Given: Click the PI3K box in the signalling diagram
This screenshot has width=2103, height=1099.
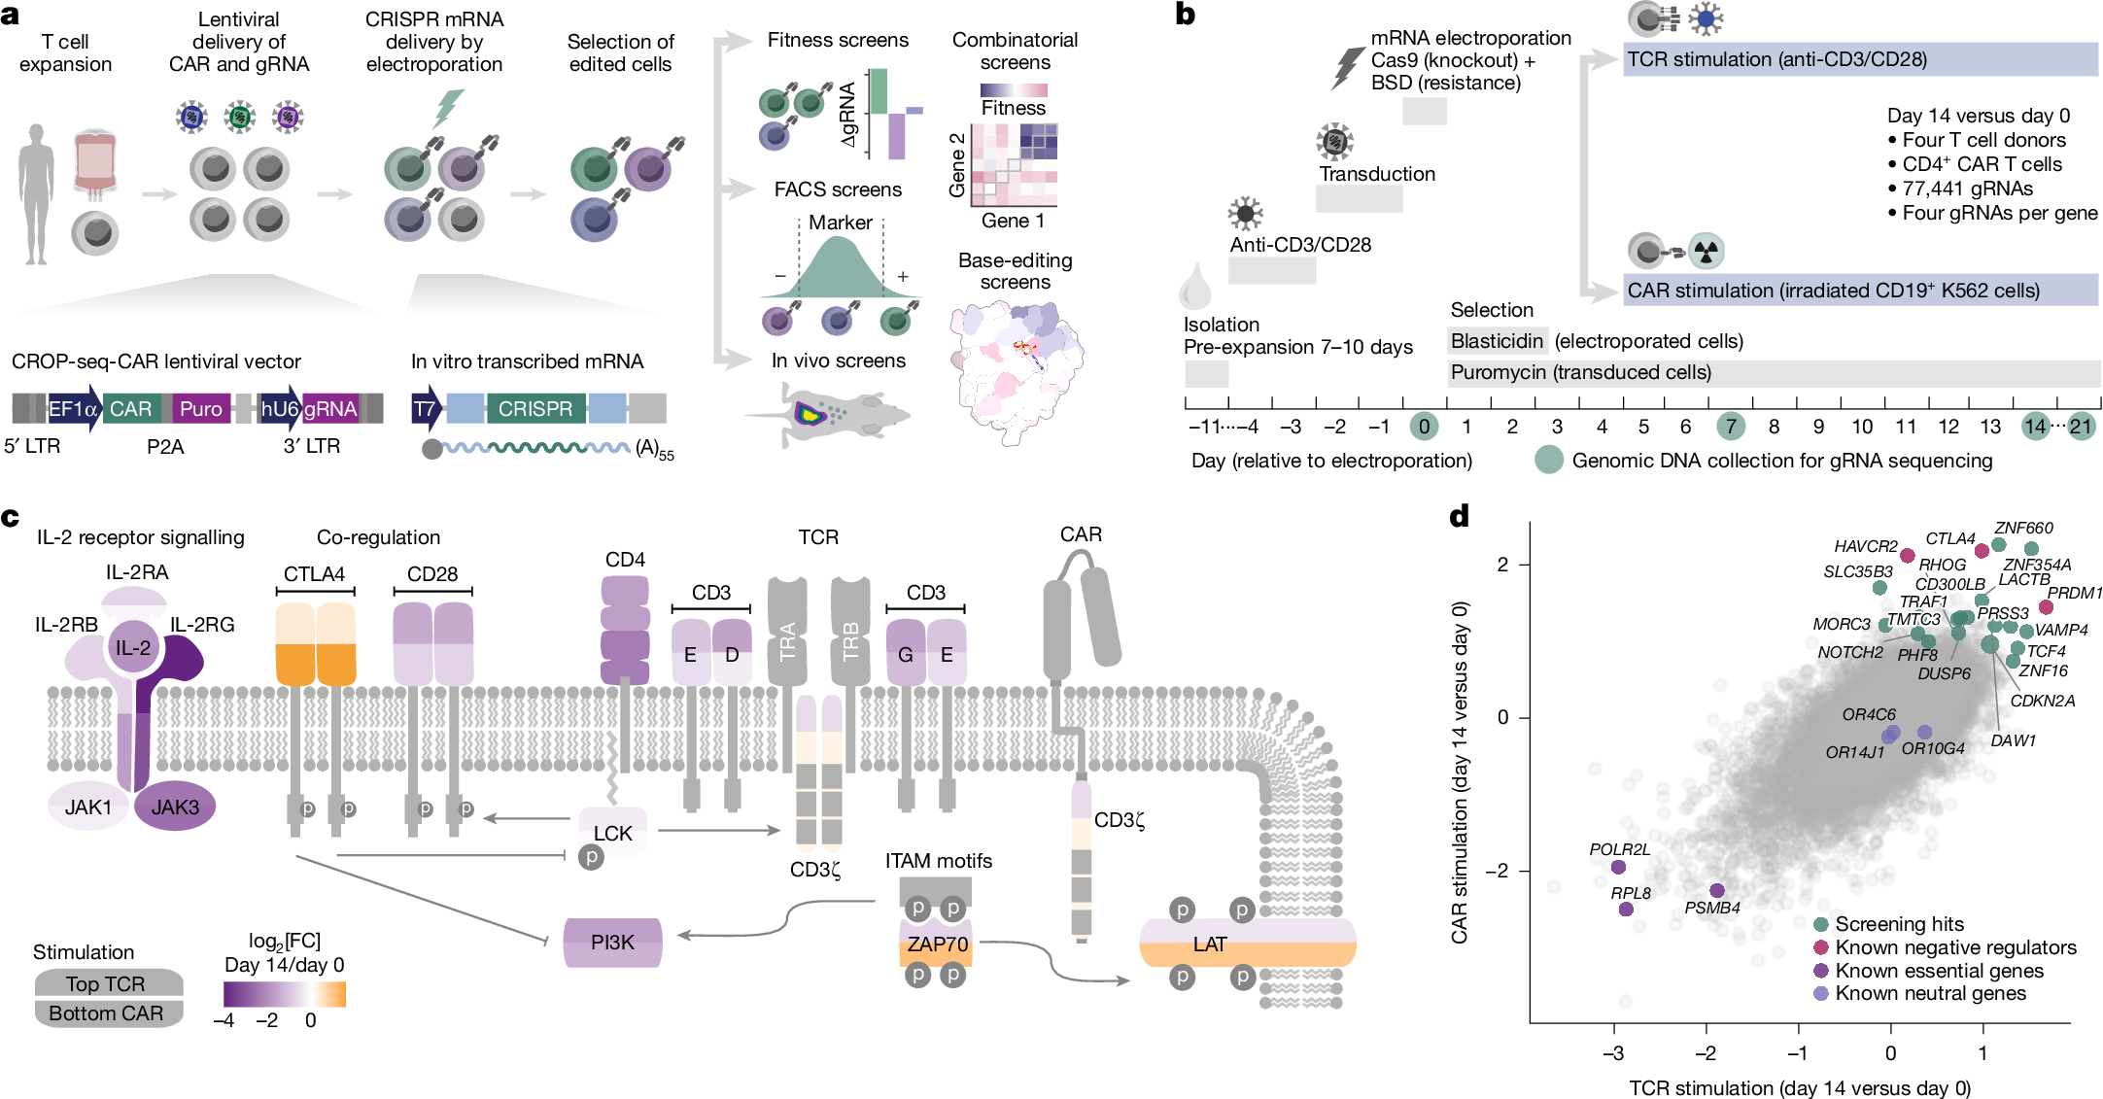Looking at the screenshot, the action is click(612, 943).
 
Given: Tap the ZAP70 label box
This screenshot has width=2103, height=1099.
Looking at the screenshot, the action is click(937, 944).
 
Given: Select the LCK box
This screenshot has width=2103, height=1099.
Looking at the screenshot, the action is click(612, 832).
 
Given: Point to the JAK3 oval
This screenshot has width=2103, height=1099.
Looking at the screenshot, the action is click(175, 807).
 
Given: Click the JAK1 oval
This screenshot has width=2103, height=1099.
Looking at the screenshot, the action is click(88, 807).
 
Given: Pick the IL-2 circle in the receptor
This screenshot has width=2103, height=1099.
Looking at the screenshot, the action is click(133, 647).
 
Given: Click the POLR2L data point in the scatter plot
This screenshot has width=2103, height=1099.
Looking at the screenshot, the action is click(1618, 867).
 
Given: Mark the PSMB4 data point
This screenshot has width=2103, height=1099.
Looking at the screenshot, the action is click(1717, 891).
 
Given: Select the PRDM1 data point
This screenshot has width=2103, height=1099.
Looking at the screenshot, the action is click(2046, 607).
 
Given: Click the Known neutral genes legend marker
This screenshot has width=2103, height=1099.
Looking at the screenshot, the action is click(1821, 993).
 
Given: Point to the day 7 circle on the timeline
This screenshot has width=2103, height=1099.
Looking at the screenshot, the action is click(1730, 427).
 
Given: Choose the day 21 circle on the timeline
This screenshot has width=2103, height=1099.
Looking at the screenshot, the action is click(2080, 427).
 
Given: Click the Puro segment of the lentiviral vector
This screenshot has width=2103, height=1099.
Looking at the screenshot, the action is click(200, 409).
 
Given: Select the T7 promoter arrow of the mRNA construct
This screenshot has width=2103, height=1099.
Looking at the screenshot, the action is click(427, 409).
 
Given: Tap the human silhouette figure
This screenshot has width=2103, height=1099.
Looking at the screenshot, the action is click(37, 194).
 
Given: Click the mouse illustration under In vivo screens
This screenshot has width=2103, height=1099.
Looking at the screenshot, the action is click(827, 415).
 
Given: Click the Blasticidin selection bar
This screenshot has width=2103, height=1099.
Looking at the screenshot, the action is click(1497, 341).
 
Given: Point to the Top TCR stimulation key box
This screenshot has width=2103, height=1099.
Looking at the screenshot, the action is click(108, 983).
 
